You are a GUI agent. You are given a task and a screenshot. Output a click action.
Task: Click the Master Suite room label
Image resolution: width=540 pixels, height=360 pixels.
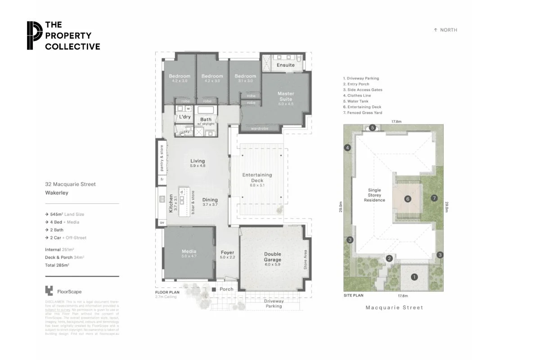[x=285, y=96]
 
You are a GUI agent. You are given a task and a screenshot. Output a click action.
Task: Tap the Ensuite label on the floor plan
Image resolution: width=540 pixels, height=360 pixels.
[x=285, y=65]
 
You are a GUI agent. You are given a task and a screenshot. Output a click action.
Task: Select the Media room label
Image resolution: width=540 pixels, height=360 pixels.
[x=189, y=252]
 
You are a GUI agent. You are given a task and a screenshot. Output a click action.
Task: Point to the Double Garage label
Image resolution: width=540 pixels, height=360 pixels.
[x=272, y=257]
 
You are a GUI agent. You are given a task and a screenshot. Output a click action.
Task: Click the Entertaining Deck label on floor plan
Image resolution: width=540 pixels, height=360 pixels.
[x=257, y=177]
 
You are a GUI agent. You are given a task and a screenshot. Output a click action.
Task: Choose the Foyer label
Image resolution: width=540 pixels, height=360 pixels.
[x=227, y=252]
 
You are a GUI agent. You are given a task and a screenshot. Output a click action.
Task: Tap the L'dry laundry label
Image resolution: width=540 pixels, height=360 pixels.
[x=185, y=117]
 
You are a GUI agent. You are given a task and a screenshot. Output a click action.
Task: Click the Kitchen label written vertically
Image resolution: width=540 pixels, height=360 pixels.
[x=171, y=203]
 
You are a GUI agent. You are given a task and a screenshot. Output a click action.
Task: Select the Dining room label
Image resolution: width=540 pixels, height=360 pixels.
[x=210, y=200]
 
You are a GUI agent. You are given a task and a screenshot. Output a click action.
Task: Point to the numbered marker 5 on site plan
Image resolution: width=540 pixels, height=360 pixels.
[x=373, y=128]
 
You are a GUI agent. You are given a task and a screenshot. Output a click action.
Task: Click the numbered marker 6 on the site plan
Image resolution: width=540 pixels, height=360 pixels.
[x=408, y=198]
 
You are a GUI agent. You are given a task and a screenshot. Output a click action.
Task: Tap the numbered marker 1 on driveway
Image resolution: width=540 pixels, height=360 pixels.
[x=414, y=277]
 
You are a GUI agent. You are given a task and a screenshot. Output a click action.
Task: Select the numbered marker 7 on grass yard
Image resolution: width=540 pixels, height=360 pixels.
[x=434, y=198]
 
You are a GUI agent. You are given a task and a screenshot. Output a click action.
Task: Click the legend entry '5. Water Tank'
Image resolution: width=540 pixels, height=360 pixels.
[x=357, y=101]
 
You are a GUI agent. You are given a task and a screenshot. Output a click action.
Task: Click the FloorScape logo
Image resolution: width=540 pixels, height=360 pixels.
[x=63, y=291]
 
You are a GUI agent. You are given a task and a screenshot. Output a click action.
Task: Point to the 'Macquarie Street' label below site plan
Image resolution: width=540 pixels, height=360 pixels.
[x=394, y=308]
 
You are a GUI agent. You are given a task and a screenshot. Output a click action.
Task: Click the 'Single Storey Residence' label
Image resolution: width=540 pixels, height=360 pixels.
[x=374, y=195]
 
